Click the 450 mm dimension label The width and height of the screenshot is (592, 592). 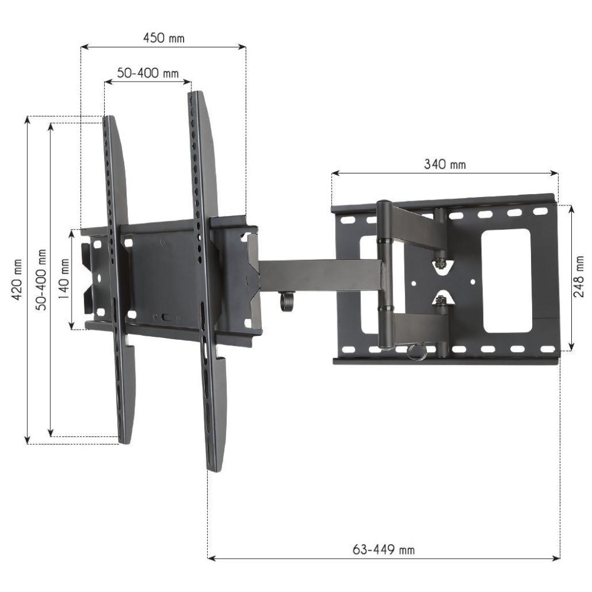click(163, 38)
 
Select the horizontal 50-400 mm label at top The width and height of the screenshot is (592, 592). click(147, 73)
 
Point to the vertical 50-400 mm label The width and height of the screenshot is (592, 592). click(40, 279)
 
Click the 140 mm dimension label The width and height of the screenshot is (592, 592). click(63, 279)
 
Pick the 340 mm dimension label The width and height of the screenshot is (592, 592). click(445, 165)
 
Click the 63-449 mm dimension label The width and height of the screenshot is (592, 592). click(384, 550)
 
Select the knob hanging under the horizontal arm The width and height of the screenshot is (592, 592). click(287, 302)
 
